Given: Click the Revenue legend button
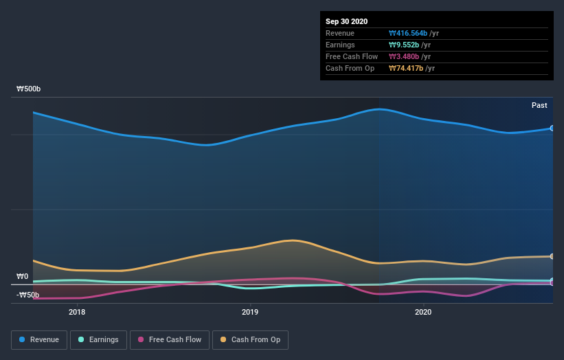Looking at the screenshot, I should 40,339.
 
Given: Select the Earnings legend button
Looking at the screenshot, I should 99,339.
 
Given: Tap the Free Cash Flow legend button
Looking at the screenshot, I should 170,339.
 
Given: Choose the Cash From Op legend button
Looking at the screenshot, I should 250,339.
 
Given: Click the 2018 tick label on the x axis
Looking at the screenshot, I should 77,311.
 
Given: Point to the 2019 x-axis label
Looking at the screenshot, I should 250,311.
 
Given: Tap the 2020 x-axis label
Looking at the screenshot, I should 423,311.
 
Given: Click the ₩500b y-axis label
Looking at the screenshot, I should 29,89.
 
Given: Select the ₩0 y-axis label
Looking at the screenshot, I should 23,277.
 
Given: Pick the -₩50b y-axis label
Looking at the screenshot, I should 28,295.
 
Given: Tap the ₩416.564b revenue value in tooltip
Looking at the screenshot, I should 408,33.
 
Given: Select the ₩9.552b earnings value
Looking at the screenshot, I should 403,45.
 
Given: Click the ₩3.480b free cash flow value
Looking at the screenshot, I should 403,56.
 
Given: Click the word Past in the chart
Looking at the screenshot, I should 539,105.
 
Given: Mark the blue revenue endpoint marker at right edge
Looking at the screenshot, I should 552,128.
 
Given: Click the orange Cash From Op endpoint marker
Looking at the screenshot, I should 552,256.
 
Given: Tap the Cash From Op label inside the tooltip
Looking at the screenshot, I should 349,68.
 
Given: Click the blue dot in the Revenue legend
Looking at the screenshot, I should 23,339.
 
